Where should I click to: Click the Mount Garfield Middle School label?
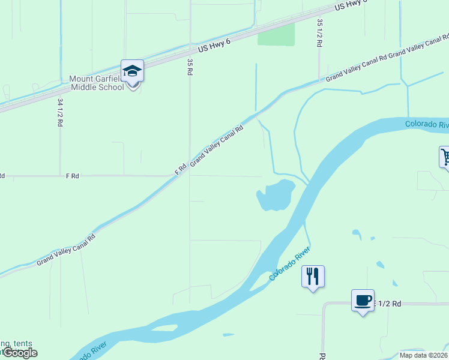[x=96, y=83]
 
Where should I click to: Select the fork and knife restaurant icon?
[x=313, y=277]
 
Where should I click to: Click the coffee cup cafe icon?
[x=363, y=301]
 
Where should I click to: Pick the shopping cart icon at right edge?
[x=445, y=158]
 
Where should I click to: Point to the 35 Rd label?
[x=190, y=66]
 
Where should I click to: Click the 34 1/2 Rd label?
[x=60, y=112]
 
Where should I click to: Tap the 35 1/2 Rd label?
[x=319, y=32]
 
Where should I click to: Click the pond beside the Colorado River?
[x=276, y=196]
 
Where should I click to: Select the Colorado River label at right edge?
[x=427, y=124]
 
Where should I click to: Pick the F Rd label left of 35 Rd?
[x=72, y=176]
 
